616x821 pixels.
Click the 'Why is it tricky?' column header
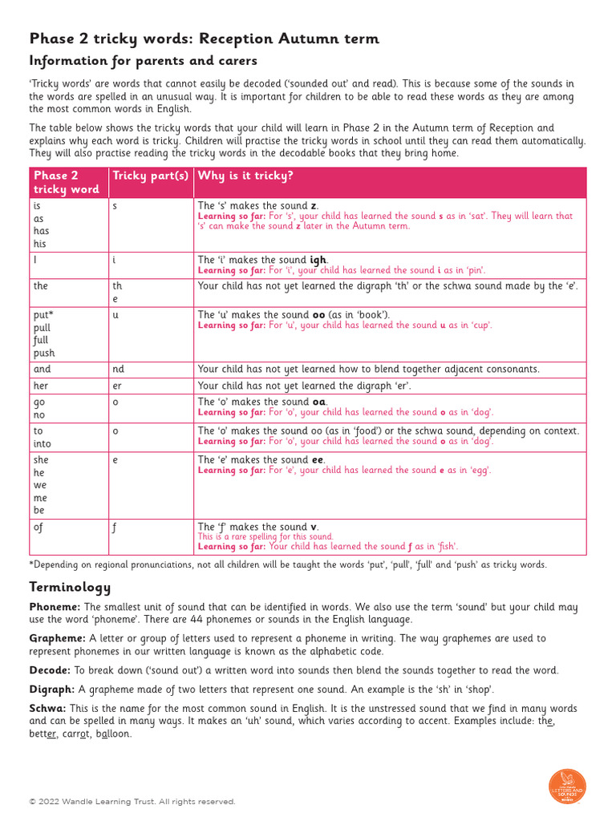point(245,176)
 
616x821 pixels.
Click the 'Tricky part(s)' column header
point(150,176)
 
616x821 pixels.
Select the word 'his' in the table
point(40,244)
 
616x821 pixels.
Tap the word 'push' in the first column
point(44,353)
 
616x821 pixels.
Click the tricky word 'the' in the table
point(41,286)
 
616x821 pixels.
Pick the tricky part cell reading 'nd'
point(119,370)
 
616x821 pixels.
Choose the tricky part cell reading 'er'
point(118,386)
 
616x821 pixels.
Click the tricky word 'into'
point(43,443)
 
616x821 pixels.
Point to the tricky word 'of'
point(38,527)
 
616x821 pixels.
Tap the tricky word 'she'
point(41,460)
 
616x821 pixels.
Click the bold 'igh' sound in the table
point(318,261)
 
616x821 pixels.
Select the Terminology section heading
point(70,588)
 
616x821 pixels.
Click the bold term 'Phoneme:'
point(55,608)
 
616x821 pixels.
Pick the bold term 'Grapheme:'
point(58,638)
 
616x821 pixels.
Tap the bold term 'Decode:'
point(50,670)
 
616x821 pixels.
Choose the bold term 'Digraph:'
point(52,689)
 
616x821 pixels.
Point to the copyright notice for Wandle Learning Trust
point(132,802)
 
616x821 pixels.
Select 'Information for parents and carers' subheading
point(143,61)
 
